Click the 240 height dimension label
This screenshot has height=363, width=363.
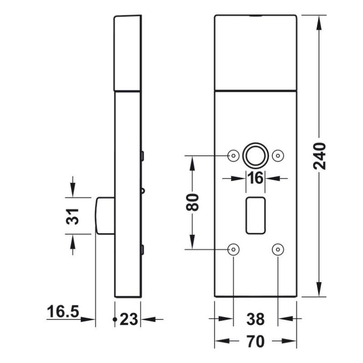pyautogui.click(x=319, y=156)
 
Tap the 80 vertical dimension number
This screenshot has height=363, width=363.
pyautogui.click(x=192, y=202)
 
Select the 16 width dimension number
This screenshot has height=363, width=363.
pyautogui.click(x=255, y=178)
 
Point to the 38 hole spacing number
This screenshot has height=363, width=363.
pyautogui.click(x=255, y=319)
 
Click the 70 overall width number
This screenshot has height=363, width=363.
pyautogui.click(x=255, y=342)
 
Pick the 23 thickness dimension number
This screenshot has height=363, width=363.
pyautogui.click(x=129, y=319)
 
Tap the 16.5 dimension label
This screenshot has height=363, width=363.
pyautogui.click(x=63, y=311)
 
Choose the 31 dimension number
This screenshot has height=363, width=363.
pyautogui.click(x=73, y=216)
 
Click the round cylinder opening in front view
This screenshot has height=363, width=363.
pyautogui.click(x=255, y=156)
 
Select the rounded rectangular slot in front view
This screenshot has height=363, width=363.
pyautogui.click(x=255, y=216)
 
